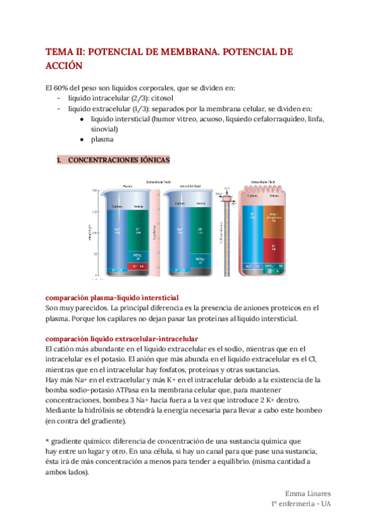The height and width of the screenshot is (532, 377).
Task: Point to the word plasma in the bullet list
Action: (102, 140)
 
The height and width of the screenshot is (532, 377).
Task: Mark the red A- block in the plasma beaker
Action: (138, 265)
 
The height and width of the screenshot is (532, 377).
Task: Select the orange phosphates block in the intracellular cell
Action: (274, 221)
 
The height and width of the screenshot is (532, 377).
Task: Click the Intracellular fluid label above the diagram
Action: (263, 182)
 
